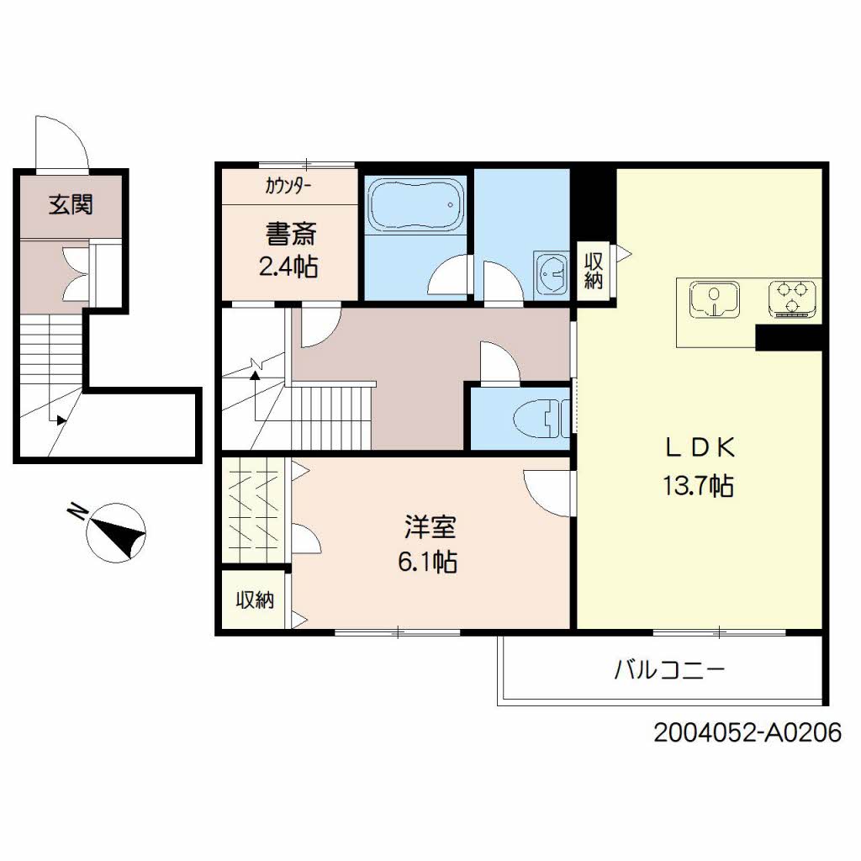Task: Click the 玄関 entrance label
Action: tap(71, 205)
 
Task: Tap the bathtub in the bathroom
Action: tap(415, 204)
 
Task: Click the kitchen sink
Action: tap(714, 299)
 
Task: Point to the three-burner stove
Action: tap(792, 298)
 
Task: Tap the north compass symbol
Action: tap(116, 532)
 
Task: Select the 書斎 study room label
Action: tap(291, 234)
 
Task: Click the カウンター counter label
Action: tap(288, 186)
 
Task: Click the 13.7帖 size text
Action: tap(698, 486)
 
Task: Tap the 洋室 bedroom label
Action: tap(430, 526)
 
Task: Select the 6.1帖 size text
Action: tap(428, 563)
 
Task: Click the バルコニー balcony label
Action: tap(669, 670)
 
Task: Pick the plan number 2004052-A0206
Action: tap(747, 732)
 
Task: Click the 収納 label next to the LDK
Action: tap(593, 271)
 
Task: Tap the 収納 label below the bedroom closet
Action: tap(255, 600)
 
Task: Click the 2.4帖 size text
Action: tap(288, 267)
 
